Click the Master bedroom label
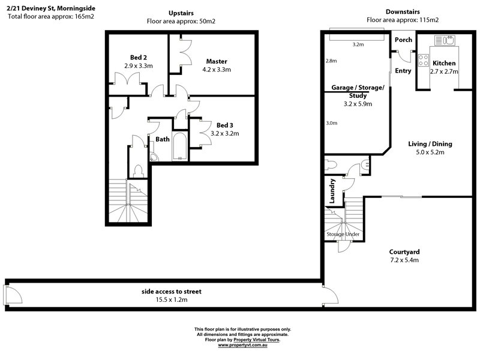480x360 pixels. [217, 61]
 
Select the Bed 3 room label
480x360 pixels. [225, 125]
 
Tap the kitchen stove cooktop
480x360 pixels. [423, 60]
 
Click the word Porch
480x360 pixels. [403, 40]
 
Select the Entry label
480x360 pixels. [403, 71]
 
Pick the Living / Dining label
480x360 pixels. [430, 143]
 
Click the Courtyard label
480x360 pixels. [403, 251]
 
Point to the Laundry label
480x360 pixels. [331, 190]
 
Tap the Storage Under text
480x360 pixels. [342, 233]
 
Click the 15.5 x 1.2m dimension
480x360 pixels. [172, 299]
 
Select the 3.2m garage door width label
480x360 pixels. [359, 44]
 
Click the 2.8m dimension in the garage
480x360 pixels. [331, 61]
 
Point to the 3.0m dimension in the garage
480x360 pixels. [331, 123]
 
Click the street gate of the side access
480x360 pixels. [11, 295]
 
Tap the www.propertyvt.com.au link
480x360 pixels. [242, 345]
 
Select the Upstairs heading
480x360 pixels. [181, 13]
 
